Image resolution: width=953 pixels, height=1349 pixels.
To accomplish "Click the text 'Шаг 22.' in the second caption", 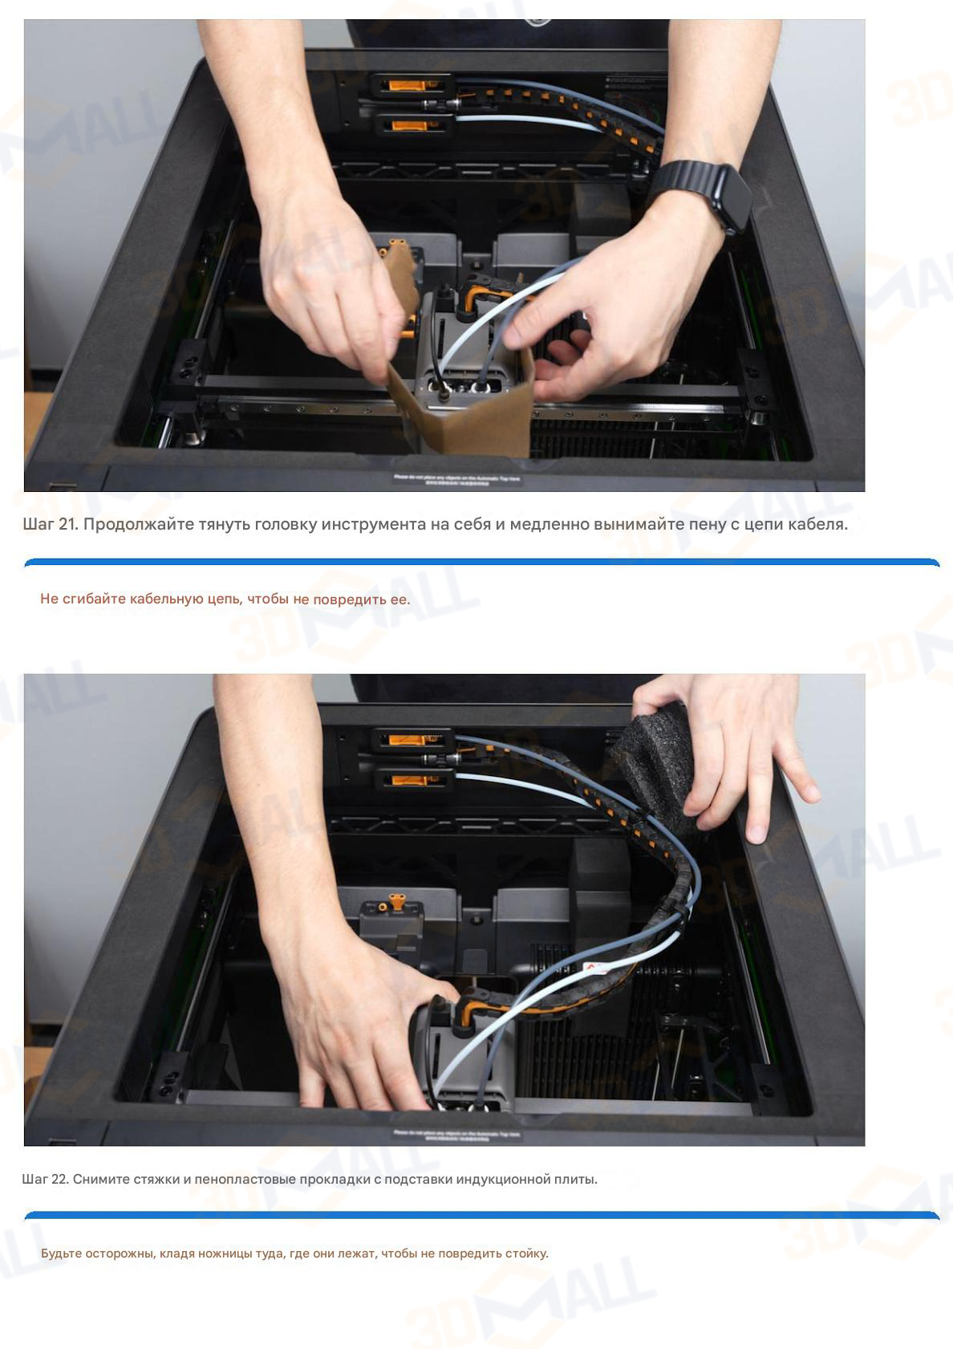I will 45,1179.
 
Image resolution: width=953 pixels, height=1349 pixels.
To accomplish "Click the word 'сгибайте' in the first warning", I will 92,599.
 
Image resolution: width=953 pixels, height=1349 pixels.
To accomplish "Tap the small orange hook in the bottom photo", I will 395,902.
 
